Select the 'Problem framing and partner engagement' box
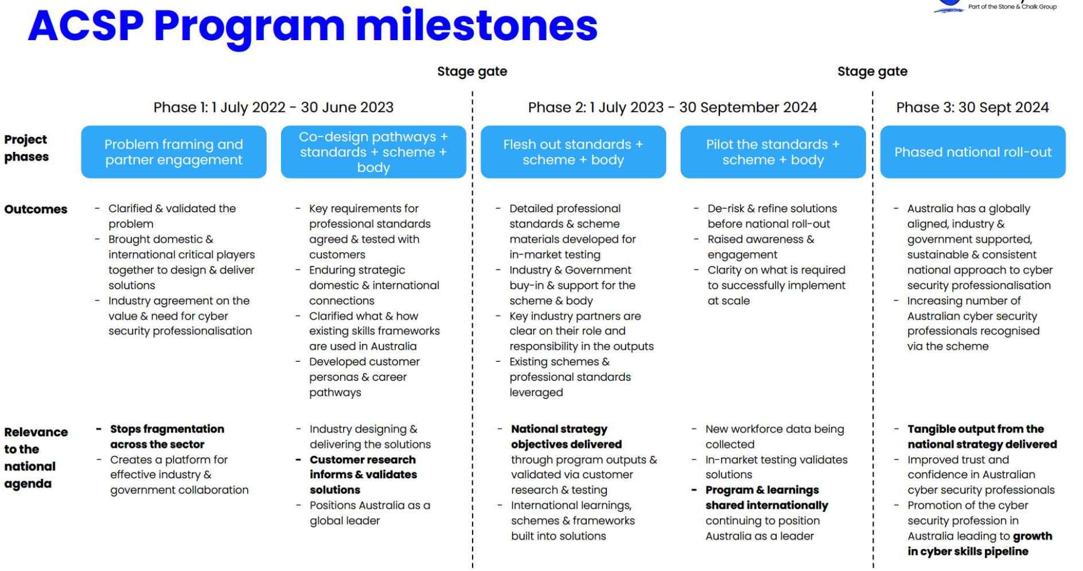click(x=174, y=152)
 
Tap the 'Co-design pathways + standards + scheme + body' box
click(x=373, y=152)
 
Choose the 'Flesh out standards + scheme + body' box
click(x=573, y=152)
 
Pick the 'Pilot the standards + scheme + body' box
click(x=773, y=152)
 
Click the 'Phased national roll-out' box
click(x=973, y=152)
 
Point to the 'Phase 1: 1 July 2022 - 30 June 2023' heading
click(x=274, y=107)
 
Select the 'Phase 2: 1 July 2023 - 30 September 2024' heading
click(x=672, y=107)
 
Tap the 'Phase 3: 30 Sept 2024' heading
click(x=972, y=107)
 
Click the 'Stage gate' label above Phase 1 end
click(x=472, y=72)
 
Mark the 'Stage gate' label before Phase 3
click(x=872, y=72)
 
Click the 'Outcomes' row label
click(x=36, y=209)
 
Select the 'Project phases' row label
click(x=26, y=148)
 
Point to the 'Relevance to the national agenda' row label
click(x=36, y=457)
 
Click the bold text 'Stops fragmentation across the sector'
click(x=167, y=436)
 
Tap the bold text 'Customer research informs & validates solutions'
click(x=363, y=475)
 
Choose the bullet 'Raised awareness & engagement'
click(x=761, y=247)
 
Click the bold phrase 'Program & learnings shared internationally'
click(x=767, y=498)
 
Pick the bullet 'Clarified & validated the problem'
click(x=172, y=216)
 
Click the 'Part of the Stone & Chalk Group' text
click(x=1012, y=7)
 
